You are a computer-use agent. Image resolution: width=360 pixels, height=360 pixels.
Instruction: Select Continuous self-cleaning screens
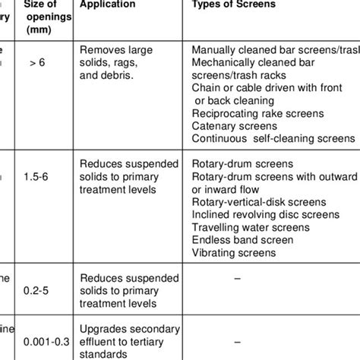point(273,138)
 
